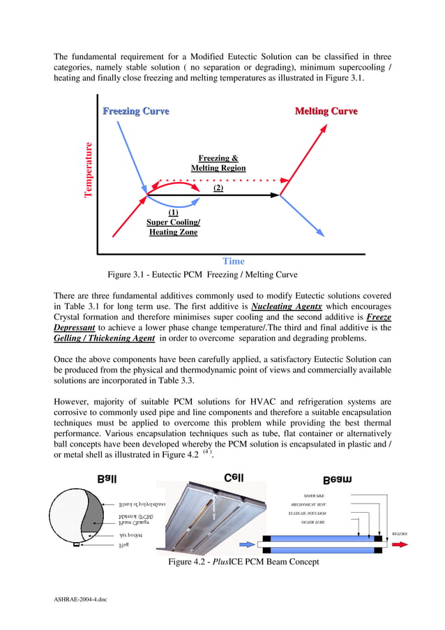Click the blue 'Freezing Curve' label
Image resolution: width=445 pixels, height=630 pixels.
(135, 112)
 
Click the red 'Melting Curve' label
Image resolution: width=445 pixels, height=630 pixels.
(326, 112)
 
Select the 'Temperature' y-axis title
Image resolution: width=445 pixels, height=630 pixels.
(89, 170)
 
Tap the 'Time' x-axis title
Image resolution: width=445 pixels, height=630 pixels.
(233, 261)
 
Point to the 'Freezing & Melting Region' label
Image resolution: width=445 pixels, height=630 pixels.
(218, 163)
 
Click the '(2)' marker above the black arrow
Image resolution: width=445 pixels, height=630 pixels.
(218, 188)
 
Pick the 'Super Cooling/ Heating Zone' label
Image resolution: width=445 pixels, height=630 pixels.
(173, 223)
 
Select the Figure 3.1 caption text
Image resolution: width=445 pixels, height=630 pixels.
(202, 274)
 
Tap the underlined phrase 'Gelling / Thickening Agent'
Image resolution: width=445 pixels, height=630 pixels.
(104, 338)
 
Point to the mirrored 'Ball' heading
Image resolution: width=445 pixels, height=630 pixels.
(107, 479)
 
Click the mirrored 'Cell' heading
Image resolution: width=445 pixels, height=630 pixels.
(234, 478)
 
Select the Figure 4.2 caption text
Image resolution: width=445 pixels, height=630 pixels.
(243, 562)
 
